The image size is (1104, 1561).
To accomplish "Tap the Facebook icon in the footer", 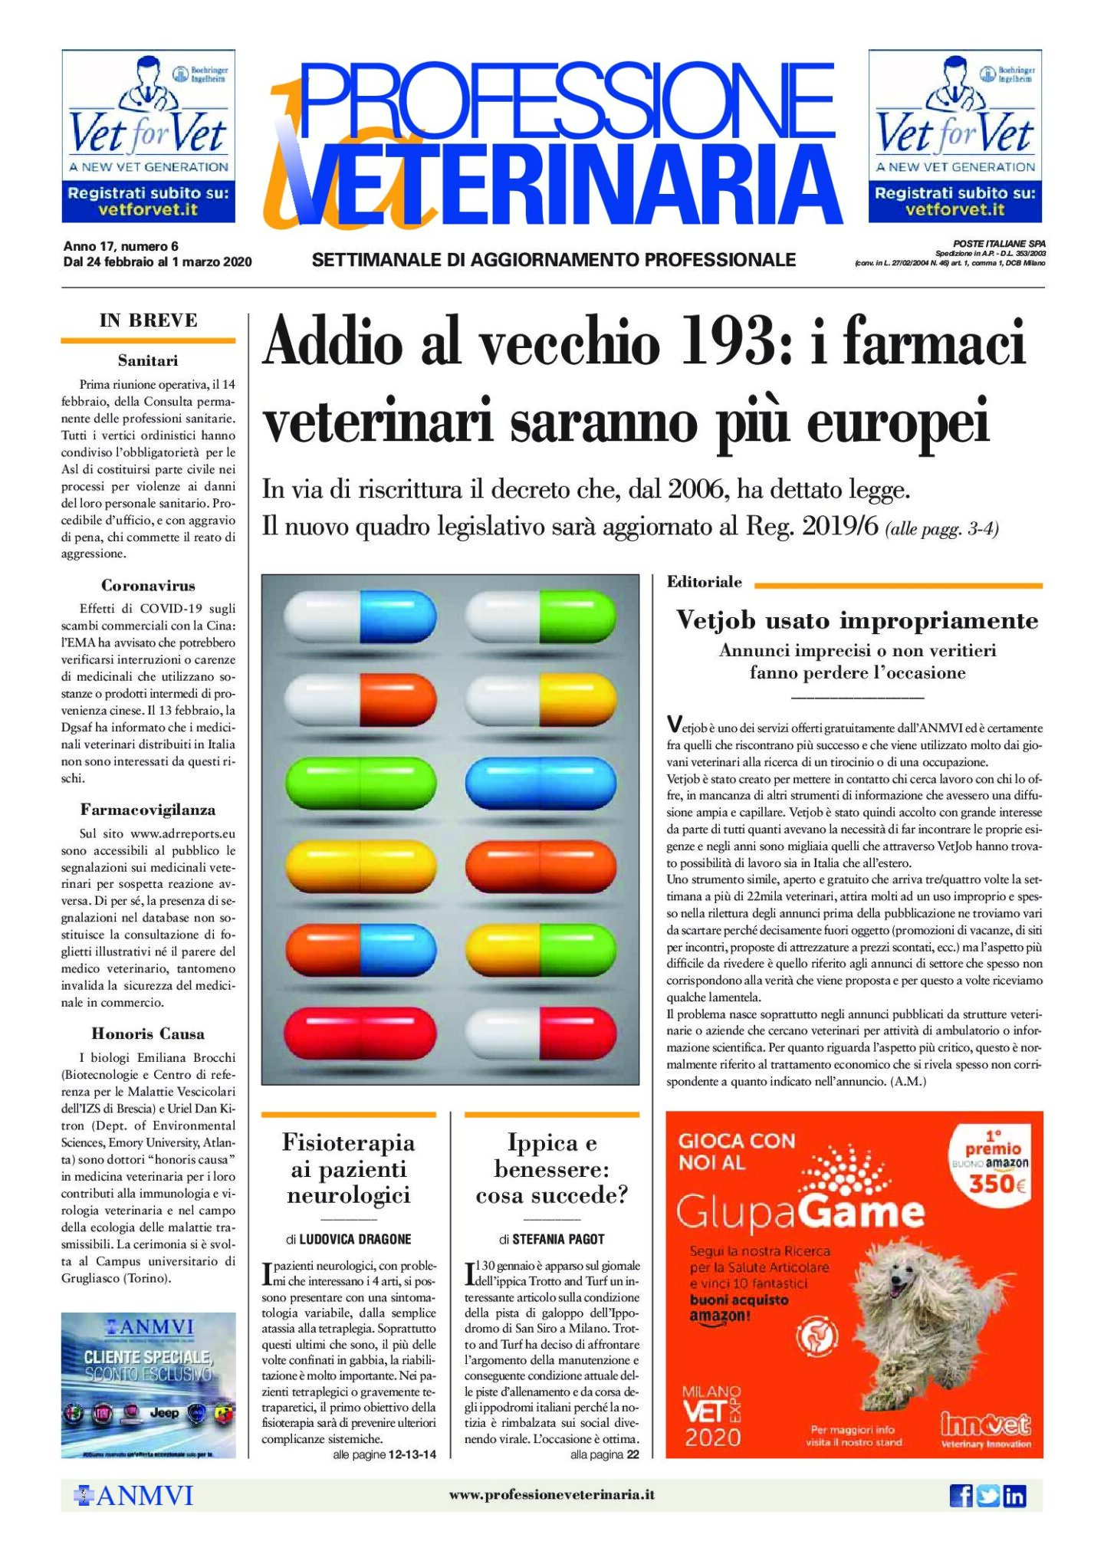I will click(961, 1495).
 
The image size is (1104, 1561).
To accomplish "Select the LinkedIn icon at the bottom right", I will click(1014, 1495).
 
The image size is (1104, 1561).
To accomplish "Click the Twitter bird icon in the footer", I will click(987, 1495).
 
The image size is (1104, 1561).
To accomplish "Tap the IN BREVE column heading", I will click(148, 320).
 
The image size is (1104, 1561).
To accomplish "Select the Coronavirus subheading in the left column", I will click(148, 586).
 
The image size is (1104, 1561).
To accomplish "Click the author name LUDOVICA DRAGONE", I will click(355, 1239).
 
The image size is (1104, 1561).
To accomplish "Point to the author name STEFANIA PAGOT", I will click(558, 1239).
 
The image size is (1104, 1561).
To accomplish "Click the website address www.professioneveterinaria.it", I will click(551, 1495).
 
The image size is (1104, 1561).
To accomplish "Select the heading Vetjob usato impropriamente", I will click(856, 620).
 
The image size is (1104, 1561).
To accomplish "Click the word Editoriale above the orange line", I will click(705, 582).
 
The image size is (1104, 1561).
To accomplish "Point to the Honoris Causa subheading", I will click(148, 1034).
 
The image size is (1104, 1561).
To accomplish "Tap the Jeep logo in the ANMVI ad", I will click(164, 1413).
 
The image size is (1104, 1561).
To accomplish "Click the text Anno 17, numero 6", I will click(120, 246).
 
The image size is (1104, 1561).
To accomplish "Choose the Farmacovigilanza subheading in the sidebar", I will click(148, 810).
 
